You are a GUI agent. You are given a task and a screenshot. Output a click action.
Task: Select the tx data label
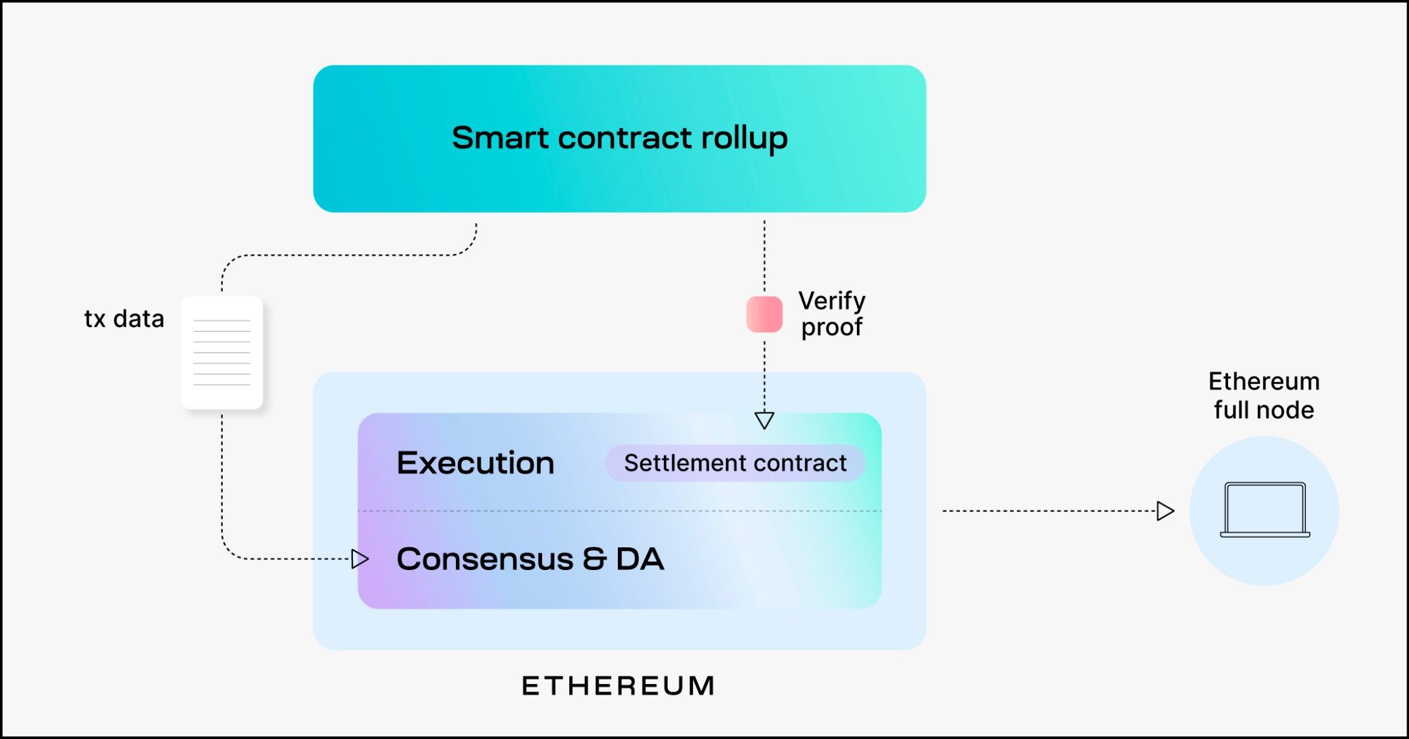point(124,319)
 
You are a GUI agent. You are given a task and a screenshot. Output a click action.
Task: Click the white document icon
point(222,352)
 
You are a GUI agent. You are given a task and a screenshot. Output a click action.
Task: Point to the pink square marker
point(764,314)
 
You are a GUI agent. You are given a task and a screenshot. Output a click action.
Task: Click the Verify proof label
point(832,314)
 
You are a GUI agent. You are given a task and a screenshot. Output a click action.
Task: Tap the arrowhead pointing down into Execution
point(764,420)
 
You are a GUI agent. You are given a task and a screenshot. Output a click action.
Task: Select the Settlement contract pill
point(735,463)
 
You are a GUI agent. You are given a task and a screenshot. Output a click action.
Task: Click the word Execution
point(476,463)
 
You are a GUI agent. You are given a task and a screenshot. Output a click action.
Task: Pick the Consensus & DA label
point(530,559)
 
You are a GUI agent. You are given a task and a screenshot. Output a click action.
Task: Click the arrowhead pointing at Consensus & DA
point(360,559)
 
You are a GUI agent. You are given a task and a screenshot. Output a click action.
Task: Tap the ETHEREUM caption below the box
point(618,686)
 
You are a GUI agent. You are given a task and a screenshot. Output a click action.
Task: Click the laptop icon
point(1264,510)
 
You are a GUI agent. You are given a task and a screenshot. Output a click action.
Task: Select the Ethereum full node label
point(1264,395)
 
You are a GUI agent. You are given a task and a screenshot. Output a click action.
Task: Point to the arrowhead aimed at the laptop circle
point(1165,511)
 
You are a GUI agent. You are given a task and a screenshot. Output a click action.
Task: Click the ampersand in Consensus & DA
point(594,559)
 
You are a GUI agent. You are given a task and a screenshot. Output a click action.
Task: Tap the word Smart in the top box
point(500,139)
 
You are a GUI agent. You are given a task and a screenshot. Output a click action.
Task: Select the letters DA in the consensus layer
point(640,559)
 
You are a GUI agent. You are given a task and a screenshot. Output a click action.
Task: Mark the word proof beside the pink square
point(832,328)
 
